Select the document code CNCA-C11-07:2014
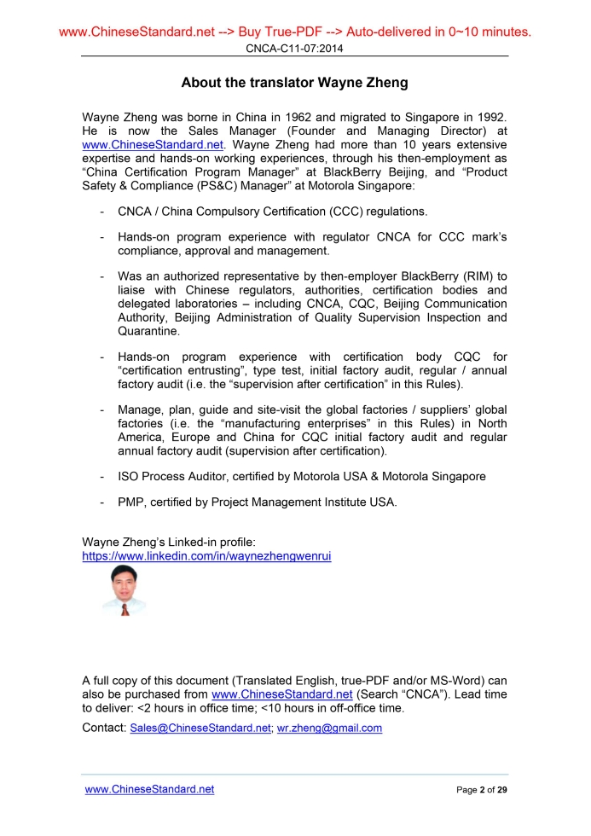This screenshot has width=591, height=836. coord(294,49)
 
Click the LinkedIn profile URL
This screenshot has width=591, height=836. coord(206,555)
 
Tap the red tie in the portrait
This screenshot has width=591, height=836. coord(125,609)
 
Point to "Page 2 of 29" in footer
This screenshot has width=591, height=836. coord(482,790)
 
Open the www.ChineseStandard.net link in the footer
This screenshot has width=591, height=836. coord(149,789)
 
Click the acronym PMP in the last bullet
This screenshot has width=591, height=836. coord(130,502)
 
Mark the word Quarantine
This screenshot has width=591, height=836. coord(148,331)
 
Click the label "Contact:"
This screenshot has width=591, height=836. coord(103,728)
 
